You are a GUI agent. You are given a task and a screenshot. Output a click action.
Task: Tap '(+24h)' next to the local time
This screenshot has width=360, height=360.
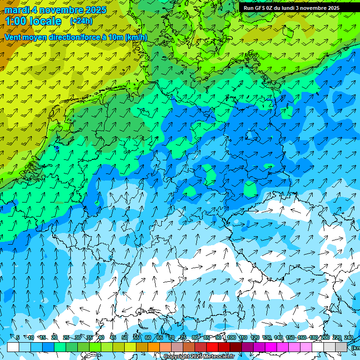click(81, 21)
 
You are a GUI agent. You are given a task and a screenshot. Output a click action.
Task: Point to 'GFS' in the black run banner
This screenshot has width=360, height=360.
click(261, 8)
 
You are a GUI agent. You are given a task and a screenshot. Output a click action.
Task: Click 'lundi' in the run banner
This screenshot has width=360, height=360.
click(287, 8)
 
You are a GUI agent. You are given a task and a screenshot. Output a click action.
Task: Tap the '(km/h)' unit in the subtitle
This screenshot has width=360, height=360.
click(135, 37)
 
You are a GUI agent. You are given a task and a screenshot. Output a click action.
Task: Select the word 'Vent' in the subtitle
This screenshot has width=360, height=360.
click(14, 37)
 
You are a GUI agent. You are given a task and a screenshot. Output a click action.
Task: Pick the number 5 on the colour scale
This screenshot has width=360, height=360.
click(18, 338)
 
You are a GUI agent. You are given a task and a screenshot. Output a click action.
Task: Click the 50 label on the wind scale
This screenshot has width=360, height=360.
click(124, 338)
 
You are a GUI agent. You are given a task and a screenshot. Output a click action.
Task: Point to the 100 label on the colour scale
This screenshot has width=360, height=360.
click(231, 338)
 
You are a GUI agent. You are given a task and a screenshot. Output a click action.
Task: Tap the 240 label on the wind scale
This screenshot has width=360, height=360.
click(348, 338)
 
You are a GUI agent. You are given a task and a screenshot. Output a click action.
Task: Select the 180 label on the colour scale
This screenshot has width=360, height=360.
click(313, 338)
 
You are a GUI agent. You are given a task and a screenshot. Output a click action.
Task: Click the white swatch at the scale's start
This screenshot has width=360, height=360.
click(13, 347)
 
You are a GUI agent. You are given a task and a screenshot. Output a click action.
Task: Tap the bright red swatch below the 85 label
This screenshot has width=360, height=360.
click(212, 347)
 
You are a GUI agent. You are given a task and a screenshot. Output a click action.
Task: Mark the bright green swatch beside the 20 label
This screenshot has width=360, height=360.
click(60, 347)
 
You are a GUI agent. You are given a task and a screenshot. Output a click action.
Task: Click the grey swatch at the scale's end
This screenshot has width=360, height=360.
click(341, 347)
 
